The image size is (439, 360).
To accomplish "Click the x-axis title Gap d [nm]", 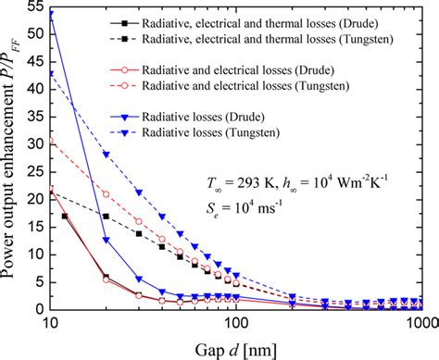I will pyautogui.click(x=234, y=347).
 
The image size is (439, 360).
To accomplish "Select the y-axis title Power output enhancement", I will pyautogui.click(x=12, y=157).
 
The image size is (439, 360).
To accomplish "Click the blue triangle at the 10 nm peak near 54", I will pyautogui.click(x=51, y=14).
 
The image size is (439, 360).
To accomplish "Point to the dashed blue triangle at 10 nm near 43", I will pyautogui.click(x=51, y=72).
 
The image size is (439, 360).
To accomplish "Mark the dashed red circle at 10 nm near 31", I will pyautogui.click(x=51, y=141).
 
